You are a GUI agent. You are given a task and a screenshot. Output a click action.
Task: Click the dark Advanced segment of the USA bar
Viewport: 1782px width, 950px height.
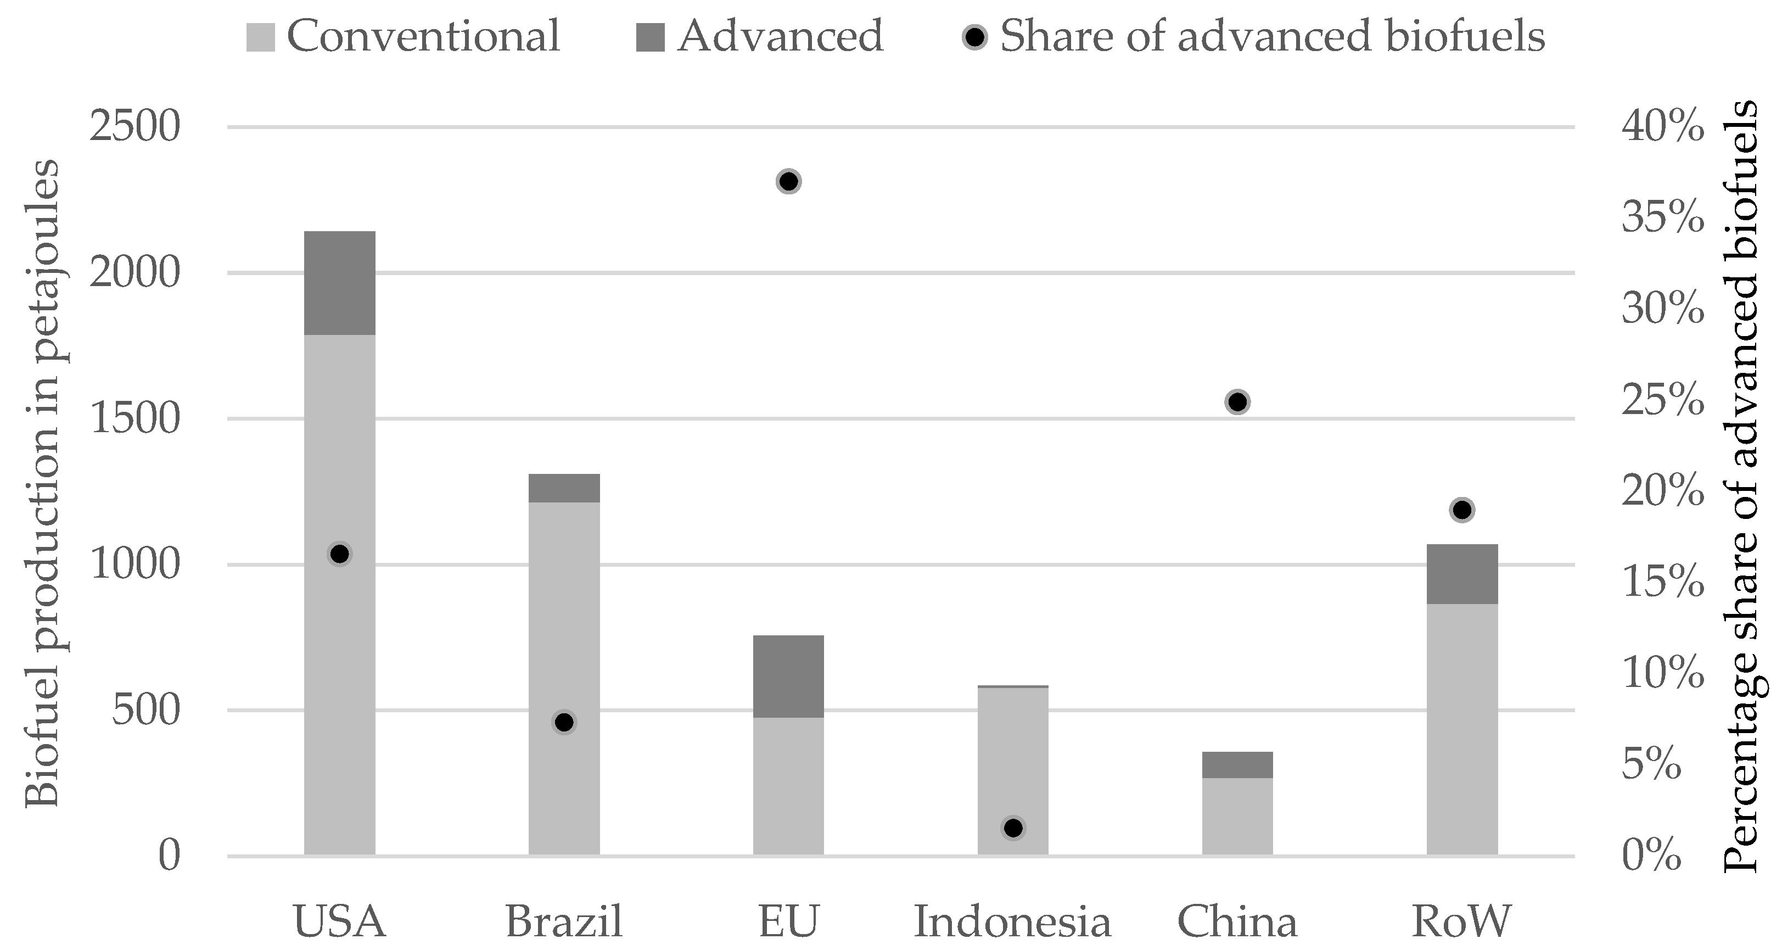(340, 283)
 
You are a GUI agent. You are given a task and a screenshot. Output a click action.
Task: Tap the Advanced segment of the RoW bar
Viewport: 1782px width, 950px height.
(1462, 574)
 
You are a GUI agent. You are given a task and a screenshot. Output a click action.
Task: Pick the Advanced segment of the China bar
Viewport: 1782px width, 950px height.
(1237, 764)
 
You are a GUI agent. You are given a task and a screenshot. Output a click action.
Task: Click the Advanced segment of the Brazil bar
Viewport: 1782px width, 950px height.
(564, 488)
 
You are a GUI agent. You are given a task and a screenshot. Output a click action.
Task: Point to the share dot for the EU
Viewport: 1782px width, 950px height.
(789, 182)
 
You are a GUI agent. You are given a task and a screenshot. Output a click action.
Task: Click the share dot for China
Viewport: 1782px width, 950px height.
(1237, 402)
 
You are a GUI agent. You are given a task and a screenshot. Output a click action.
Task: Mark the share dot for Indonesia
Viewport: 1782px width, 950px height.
(1013, 828)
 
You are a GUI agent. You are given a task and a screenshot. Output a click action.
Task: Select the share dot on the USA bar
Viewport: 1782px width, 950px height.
(340, 554)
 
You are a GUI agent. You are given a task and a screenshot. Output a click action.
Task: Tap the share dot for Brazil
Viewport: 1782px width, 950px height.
(564, 722)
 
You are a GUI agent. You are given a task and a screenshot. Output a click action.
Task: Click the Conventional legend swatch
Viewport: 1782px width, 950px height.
(260, 37)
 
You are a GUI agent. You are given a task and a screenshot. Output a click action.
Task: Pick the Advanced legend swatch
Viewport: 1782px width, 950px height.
(649, 37)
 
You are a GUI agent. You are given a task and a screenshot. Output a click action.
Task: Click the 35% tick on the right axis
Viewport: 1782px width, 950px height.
(1662, 219)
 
